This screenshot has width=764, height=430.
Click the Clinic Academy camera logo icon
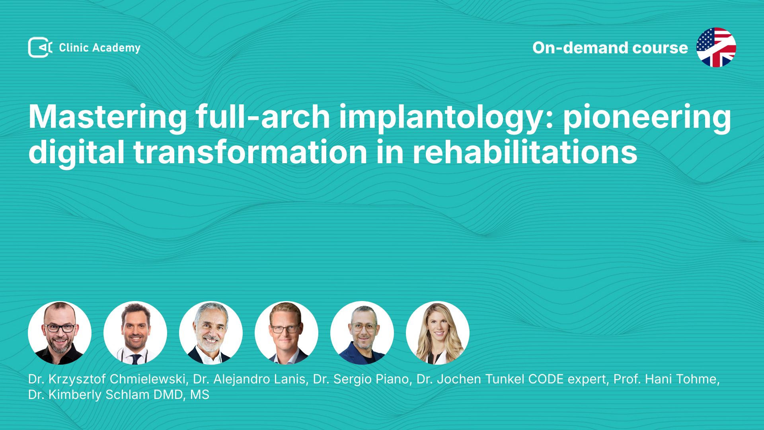click(40, 47)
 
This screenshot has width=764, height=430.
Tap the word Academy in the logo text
click(116, 48)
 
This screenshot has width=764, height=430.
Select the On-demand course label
click(610, 47)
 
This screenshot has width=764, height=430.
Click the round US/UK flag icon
click(716, 47)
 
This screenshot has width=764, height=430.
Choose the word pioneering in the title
click(647, 117)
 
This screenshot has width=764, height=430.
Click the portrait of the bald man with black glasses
click(60, 333)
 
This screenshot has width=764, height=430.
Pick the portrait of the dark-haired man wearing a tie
click(135, 333)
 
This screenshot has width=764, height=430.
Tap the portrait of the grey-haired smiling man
click(211, 333)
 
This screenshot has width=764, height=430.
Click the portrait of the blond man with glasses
click(286, 333)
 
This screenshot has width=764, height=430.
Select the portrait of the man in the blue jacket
click(362, 333)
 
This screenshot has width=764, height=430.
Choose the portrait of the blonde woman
click(438, 333)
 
